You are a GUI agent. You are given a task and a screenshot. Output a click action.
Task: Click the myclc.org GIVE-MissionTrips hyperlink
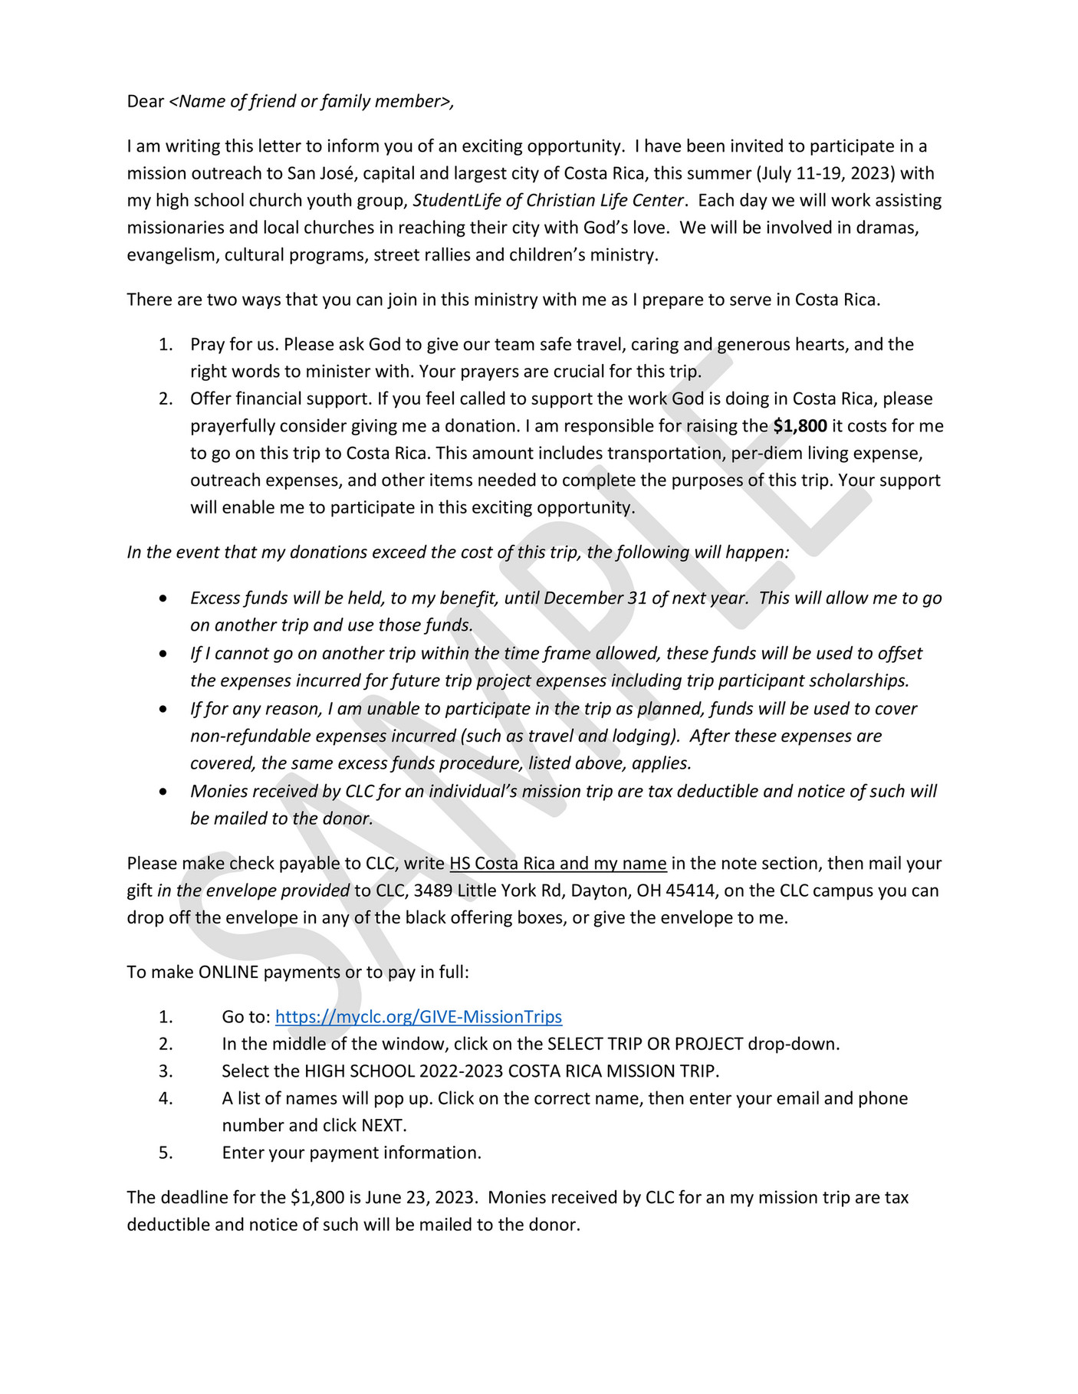click(x=418, y=1016)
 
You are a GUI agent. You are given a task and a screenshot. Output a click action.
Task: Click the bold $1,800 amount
click(x=800, y=425)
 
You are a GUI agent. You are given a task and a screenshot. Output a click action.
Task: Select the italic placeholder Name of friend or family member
click(x=311, y=101)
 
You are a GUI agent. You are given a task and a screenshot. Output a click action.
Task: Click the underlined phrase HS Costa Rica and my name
click(x=557, y=863)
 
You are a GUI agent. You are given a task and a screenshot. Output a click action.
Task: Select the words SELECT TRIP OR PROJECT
click(x=645, y=1044)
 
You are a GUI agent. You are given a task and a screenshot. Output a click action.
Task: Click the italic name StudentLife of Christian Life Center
click(x=547, y=200)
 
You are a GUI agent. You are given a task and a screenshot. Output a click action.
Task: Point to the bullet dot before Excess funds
click(x=163, y=598)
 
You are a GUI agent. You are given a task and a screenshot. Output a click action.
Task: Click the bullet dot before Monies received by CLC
click(x=163, y=791)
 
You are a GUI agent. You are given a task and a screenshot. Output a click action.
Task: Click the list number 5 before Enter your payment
click(x=166, y=1153)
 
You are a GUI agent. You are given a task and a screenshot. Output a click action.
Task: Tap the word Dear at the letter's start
click(x=146, y=101)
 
